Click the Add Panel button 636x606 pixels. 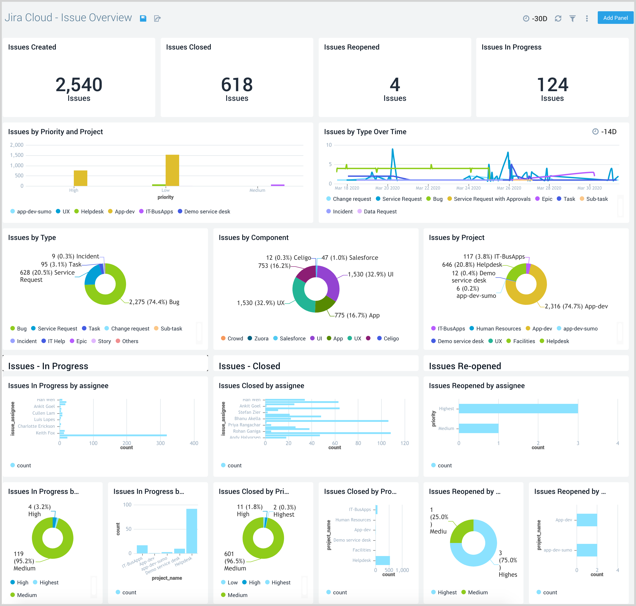(615, 18)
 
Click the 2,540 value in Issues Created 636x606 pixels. (79, 85)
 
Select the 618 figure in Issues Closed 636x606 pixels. (237, 85)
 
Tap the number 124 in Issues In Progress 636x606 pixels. (552, 85)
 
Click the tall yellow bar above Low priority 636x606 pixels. (172, 170)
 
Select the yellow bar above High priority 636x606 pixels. (80, 178)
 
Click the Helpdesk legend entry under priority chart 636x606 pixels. (92, 212)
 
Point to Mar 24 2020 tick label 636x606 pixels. (468, 188)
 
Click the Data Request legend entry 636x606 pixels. (380, 212)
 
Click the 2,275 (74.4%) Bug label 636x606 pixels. (154, 302)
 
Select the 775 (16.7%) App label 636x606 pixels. (357, 315)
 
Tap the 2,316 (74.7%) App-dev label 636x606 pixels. (576, 306)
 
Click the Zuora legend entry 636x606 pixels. (261, 339)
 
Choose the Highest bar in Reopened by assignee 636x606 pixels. (518, 409)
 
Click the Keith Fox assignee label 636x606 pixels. (45, 433)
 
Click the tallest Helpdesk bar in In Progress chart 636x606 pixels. (192, 531)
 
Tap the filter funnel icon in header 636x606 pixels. (572, 18)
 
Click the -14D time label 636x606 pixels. (608, 132)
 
